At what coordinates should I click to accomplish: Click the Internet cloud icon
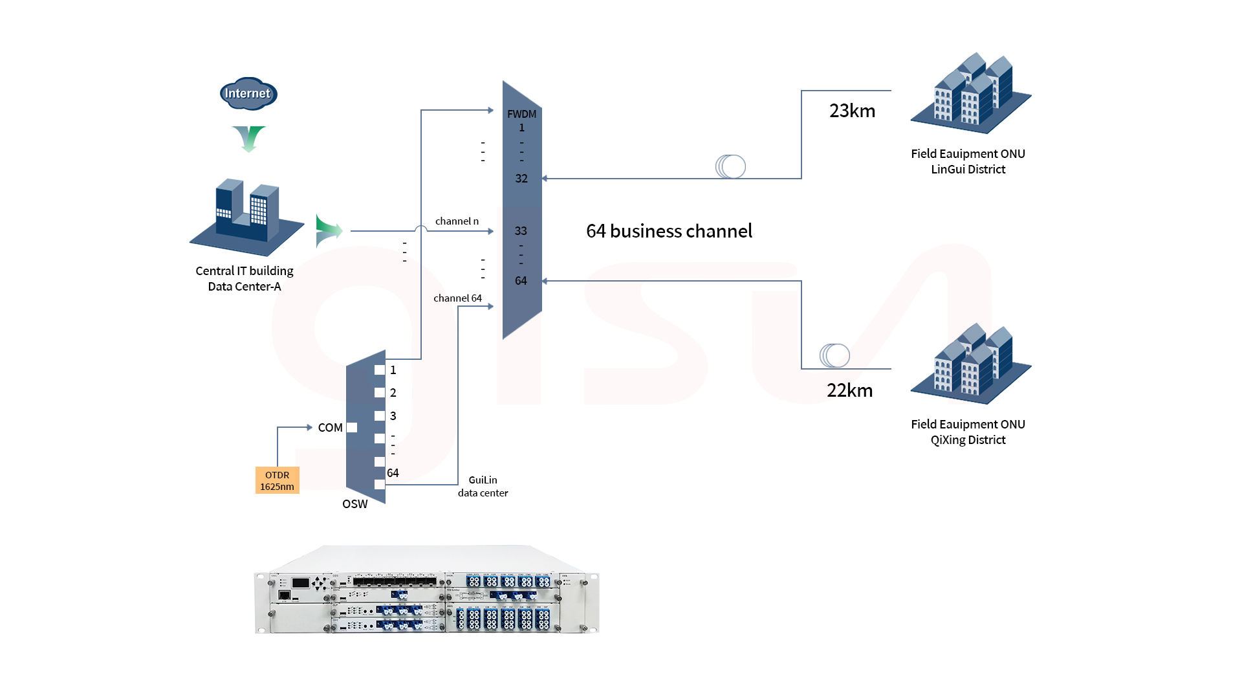[248, 94]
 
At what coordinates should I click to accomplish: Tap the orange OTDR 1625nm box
[277, 480]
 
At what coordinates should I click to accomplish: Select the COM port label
[330, 427]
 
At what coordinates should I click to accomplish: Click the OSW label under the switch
[354, 504]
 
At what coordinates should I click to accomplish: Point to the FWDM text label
[521, 114]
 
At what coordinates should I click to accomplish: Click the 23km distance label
[852, 111]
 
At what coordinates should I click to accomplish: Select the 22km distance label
[849, 390]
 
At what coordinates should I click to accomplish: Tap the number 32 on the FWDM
[521, 179]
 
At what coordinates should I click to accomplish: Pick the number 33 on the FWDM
[521, 231]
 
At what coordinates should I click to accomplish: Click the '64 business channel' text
[669, 231]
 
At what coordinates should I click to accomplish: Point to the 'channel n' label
[457, 221]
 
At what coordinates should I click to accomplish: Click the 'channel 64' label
[457, 298]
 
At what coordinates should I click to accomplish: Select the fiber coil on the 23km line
[730, 166]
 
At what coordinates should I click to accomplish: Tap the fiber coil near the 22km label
[834, 355]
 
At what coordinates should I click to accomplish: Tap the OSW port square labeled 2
[380, 393]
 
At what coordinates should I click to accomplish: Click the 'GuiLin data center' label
[483, 486]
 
